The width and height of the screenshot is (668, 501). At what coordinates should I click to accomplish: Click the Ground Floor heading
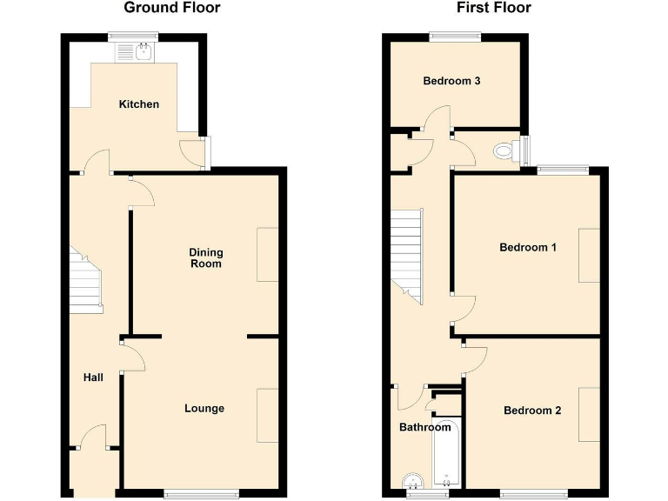click(172, 9)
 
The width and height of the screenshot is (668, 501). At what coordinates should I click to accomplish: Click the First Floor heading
click(494, 9)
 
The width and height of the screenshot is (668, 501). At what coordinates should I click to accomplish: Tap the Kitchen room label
click(139, 104)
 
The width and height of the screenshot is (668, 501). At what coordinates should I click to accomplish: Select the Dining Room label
click(206, 258)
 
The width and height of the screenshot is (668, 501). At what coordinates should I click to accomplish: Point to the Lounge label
click(204, 408)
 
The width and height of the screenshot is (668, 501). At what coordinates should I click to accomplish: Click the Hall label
click(93, 377)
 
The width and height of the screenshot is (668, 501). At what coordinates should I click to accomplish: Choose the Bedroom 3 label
click(452, 81)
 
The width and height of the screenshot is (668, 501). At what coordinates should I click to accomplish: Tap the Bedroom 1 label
click(528, 248)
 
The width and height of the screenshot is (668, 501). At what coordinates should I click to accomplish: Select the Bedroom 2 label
click(532, 411)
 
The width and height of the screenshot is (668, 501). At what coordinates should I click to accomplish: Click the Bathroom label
click(425, 427)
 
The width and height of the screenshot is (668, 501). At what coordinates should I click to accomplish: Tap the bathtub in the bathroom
click(445, 456)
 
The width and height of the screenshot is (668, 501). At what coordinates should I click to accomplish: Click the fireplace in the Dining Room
click(267, 255)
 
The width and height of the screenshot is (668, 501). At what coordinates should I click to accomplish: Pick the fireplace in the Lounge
click(267, 416)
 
